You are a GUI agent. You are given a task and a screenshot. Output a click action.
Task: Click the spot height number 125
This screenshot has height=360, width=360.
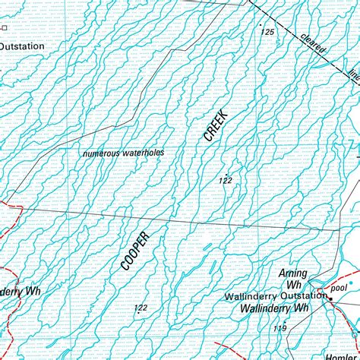[267, 32]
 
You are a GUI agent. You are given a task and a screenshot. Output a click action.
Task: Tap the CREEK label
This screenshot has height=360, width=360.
[216, 124]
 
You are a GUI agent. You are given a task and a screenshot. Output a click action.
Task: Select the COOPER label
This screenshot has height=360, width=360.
[135, 251]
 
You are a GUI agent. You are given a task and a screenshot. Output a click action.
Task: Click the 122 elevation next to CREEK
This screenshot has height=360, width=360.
[225, 181]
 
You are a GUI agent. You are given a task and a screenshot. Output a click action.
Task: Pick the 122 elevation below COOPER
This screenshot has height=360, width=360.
[141, 308]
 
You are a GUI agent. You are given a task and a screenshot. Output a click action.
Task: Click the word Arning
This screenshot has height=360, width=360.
[292, 273]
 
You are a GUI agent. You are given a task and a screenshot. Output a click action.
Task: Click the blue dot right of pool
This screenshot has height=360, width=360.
[351, 283]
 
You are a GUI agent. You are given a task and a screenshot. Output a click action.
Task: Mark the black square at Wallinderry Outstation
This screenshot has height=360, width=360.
[330, 298]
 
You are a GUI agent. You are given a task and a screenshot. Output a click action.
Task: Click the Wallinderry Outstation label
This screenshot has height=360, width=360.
[275, 296]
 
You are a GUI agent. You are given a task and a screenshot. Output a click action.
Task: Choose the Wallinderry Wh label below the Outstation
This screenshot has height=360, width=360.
[273, 308]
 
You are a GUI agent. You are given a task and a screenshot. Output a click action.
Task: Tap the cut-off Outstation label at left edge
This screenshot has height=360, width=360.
[21, 46]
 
